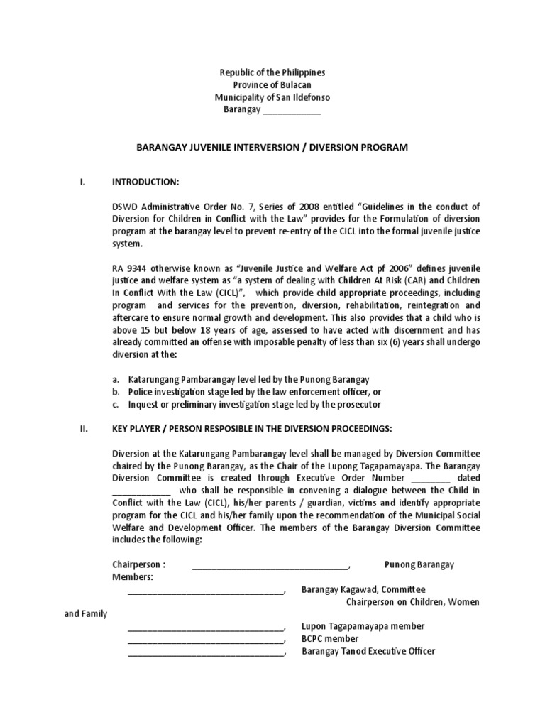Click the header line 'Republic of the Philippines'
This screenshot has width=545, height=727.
coord(272,73)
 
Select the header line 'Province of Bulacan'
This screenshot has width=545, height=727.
coord(272,85)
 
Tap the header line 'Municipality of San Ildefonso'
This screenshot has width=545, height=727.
coord(272,97)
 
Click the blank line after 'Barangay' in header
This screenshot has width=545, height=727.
coord(292,111)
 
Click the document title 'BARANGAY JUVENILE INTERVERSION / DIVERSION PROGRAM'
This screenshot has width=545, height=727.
coord(272,147)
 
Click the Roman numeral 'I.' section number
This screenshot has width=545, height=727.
coord(83,182)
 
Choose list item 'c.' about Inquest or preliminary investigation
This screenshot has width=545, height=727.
coord(247,405)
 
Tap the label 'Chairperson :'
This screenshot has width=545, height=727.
coord(138,564)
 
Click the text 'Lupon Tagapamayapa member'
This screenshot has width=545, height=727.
coord(363,626)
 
